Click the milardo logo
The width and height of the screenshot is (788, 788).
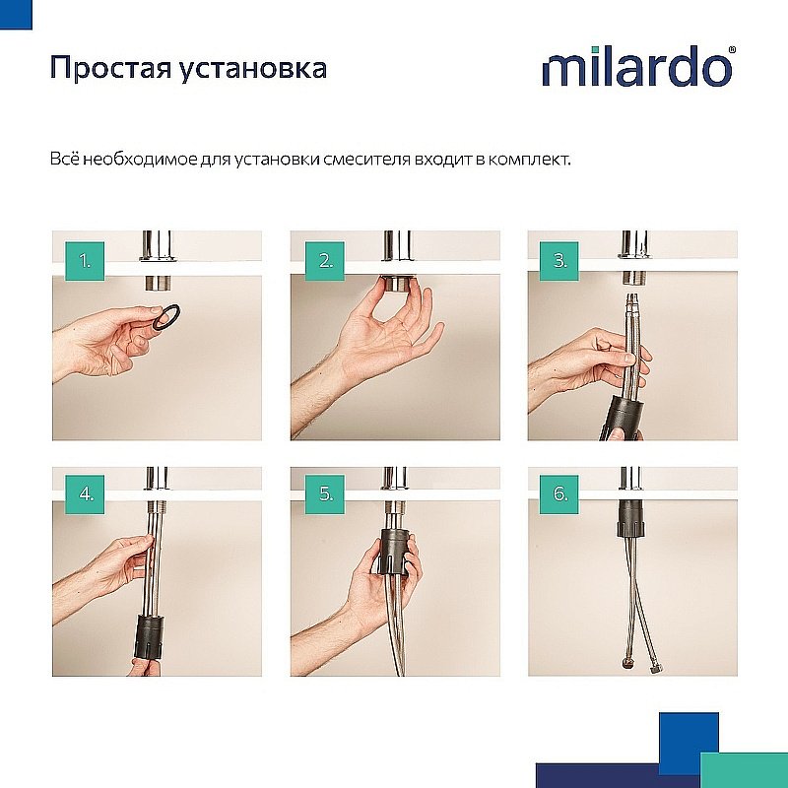(637, 68)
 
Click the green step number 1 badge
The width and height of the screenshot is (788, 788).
(86, 261)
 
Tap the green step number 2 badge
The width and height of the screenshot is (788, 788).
(324, 261)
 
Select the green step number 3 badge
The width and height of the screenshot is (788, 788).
(561, 261)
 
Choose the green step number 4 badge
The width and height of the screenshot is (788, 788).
(86, 494)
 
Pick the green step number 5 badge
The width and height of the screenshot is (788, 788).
(324, 494)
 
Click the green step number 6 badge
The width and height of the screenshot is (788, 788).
(561, 494)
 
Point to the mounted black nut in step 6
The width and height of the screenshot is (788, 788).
(631, 518)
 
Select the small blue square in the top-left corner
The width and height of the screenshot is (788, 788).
(15, 13)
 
